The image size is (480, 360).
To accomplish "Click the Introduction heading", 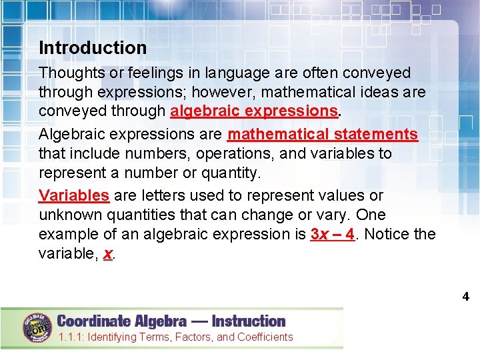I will coord(93,48).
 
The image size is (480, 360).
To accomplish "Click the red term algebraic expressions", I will coord(253,111).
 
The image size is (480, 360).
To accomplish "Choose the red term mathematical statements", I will coord(323,135).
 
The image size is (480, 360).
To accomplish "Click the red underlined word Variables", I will coord(74,196).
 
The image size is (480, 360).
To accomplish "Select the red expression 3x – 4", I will coord(332,235).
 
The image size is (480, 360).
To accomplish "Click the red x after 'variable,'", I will coord(108,254).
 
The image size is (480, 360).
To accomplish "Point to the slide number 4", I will coord(466,297).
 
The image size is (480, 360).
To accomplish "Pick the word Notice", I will coord(387,235).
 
